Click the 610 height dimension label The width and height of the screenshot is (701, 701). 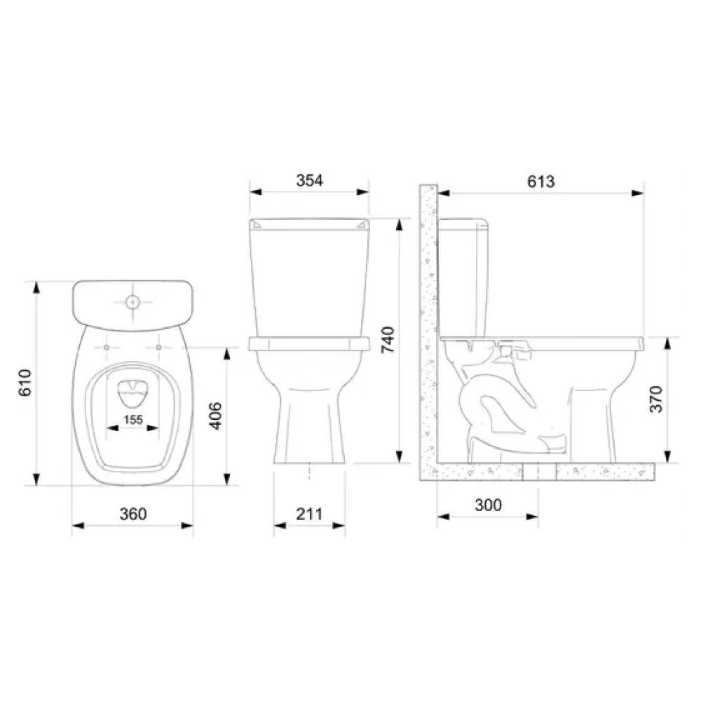click(25, 383)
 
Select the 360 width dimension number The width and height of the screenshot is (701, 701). click(132, 514)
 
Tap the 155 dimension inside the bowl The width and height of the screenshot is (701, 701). click(132, 420)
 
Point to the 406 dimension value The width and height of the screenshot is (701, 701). click(215, 416)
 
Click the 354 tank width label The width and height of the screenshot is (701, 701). click(309, 180)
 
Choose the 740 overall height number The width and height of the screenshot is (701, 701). click(388, 340)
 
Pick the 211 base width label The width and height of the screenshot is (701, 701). click(309, 514)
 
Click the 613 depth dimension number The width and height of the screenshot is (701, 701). click(541, 182)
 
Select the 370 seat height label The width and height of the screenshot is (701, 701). click(656, 400)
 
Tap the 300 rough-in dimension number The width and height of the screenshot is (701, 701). click(488, 505)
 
